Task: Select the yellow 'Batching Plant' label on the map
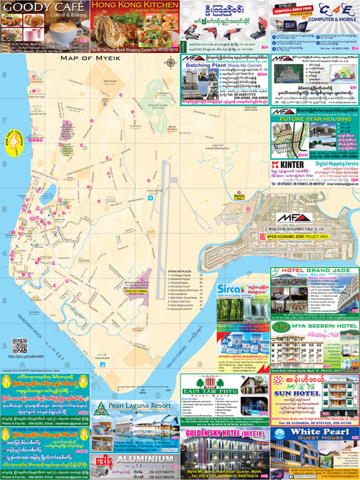pos(239,197)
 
